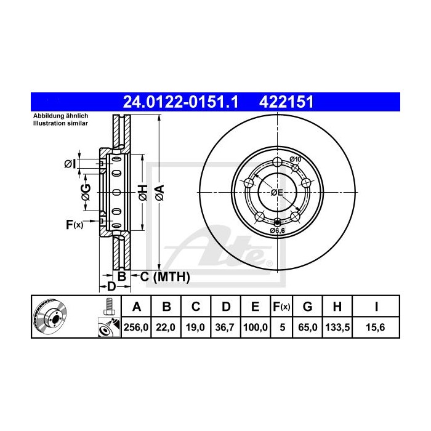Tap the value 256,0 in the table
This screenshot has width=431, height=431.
[x=137, y=328]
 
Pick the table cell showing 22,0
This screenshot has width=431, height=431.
[x=166, y=328]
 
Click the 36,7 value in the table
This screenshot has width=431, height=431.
[x=227, y=328]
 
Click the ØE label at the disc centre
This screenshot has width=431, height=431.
[x=277, y=193]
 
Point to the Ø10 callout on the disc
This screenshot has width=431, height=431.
[x=295, y=160]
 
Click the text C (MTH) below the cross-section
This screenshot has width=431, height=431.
[x=162, y=277]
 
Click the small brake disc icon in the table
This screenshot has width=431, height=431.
[x=52, y=317]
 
